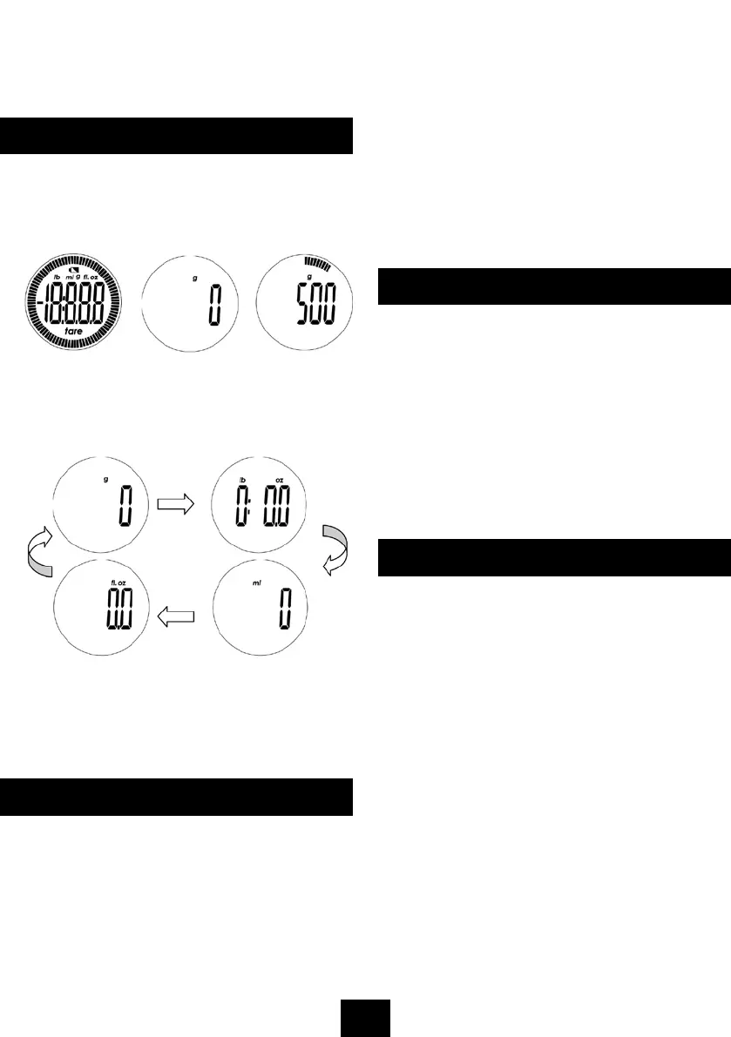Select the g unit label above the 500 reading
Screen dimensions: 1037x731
pos(309,277)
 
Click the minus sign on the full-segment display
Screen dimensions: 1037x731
pos(31,303)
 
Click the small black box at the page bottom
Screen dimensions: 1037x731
pos(365,1018)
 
